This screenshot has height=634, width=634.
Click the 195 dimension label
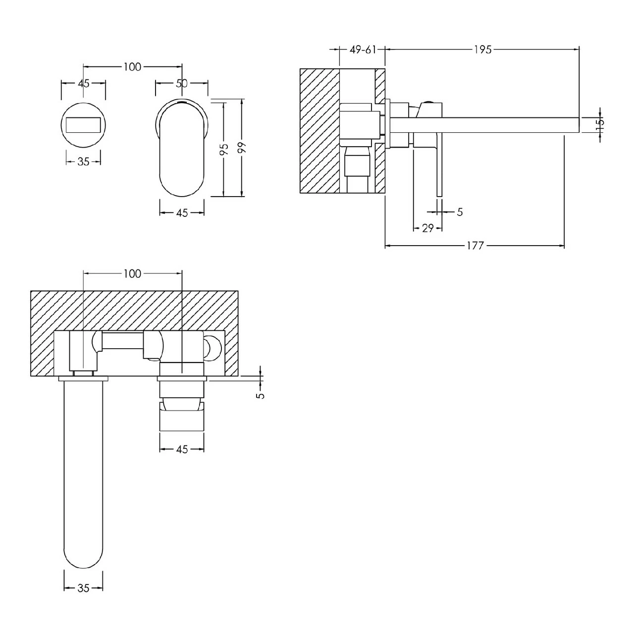point(482,50)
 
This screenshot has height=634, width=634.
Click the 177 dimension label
point(475,245)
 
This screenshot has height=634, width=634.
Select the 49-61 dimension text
point(363,50)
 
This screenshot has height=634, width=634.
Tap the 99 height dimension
point(241,149)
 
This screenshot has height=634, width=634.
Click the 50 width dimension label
point(182,83)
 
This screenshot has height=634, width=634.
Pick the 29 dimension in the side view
point(427,228)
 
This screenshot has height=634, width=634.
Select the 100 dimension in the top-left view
point(132,67)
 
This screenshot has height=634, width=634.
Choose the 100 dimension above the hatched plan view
point(132,273)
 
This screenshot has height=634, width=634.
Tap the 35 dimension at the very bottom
point(83,588)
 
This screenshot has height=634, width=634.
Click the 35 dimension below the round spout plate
point(83,161)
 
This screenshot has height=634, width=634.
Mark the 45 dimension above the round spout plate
point(83,83)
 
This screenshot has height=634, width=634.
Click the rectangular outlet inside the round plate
point(83,124)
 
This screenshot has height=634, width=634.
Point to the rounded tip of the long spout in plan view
point(84,555)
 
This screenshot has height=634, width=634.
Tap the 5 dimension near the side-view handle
point(459,212)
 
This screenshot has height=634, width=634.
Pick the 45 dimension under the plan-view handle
point(182,449)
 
